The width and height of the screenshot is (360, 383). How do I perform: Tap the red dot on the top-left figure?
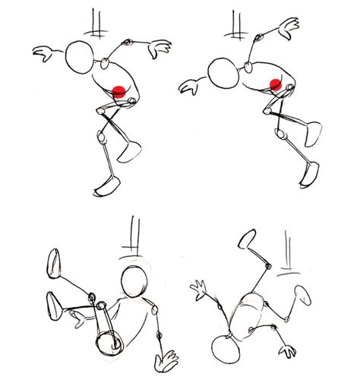[x=118, y=91]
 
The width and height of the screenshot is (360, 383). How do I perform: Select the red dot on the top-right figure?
[x=276, y=84]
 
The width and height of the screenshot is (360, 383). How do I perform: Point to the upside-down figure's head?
[x=227, y=350]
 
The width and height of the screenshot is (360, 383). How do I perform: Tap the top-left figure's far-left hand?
[x=44, y=52]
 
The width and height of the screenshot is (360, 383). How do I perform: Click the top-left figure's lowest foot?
[x=106, y=186]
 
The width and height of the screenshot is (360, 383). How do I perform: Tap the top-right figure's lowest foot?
[x=311, y=173]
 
